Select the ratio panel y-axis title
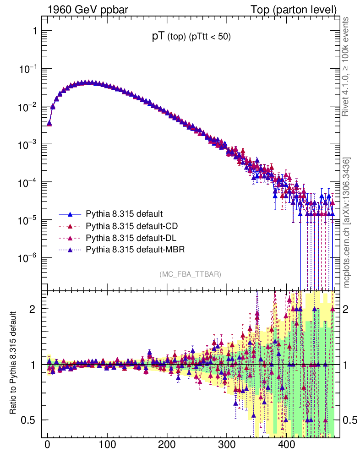[14, 364]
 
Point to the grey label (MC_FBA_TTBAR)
[191, 274]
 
